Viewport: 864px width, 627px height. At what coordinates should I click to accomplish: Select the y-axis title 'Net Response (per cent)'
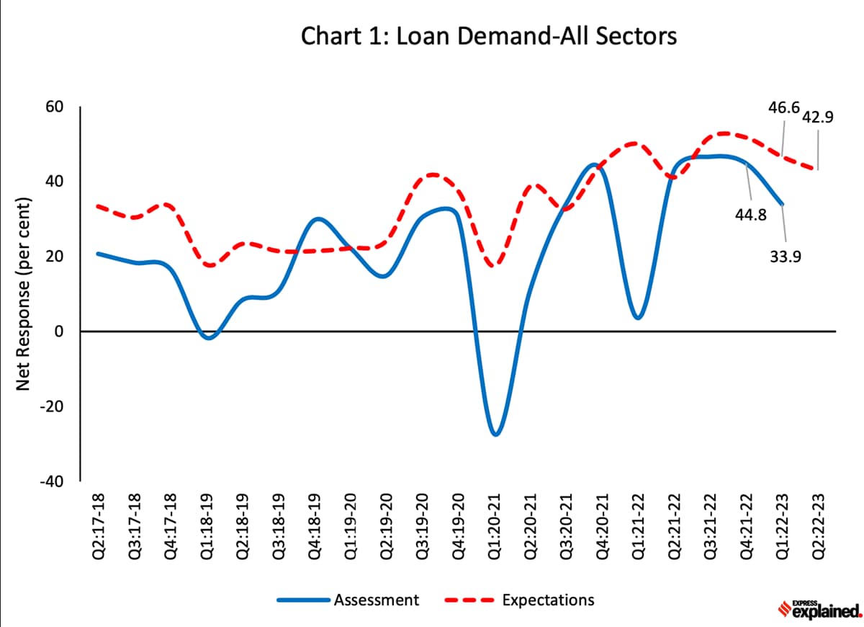pyautogui.click(x=23, y=295)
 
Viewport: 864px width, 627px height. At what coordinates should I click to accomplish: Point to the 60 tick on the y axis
pyautogui.click(x=55, y=107)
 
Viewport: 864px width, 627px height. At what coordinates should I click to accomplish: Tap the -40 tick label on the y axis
pyautogui.click(x=52, y=481)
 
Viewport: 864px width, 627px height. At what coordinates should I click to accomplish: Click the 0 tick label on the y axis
pyautogui.click(x=60, y=332)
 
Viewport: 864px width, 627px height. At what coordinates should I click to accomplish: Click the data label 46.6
pyautogui.click(x=784, y=108)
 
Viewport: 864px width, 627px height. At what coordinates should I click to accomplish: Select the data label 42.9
pyautogui.click(x=817, y=117)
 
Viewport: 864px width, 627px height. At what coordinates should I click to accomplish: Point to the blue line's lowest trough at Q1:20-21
pyautogui.click(x=495, y=435)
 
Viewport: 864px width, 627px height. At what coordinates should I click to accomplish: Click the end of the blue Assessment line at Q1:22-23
pyautogui.click(x=783, y=205)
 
